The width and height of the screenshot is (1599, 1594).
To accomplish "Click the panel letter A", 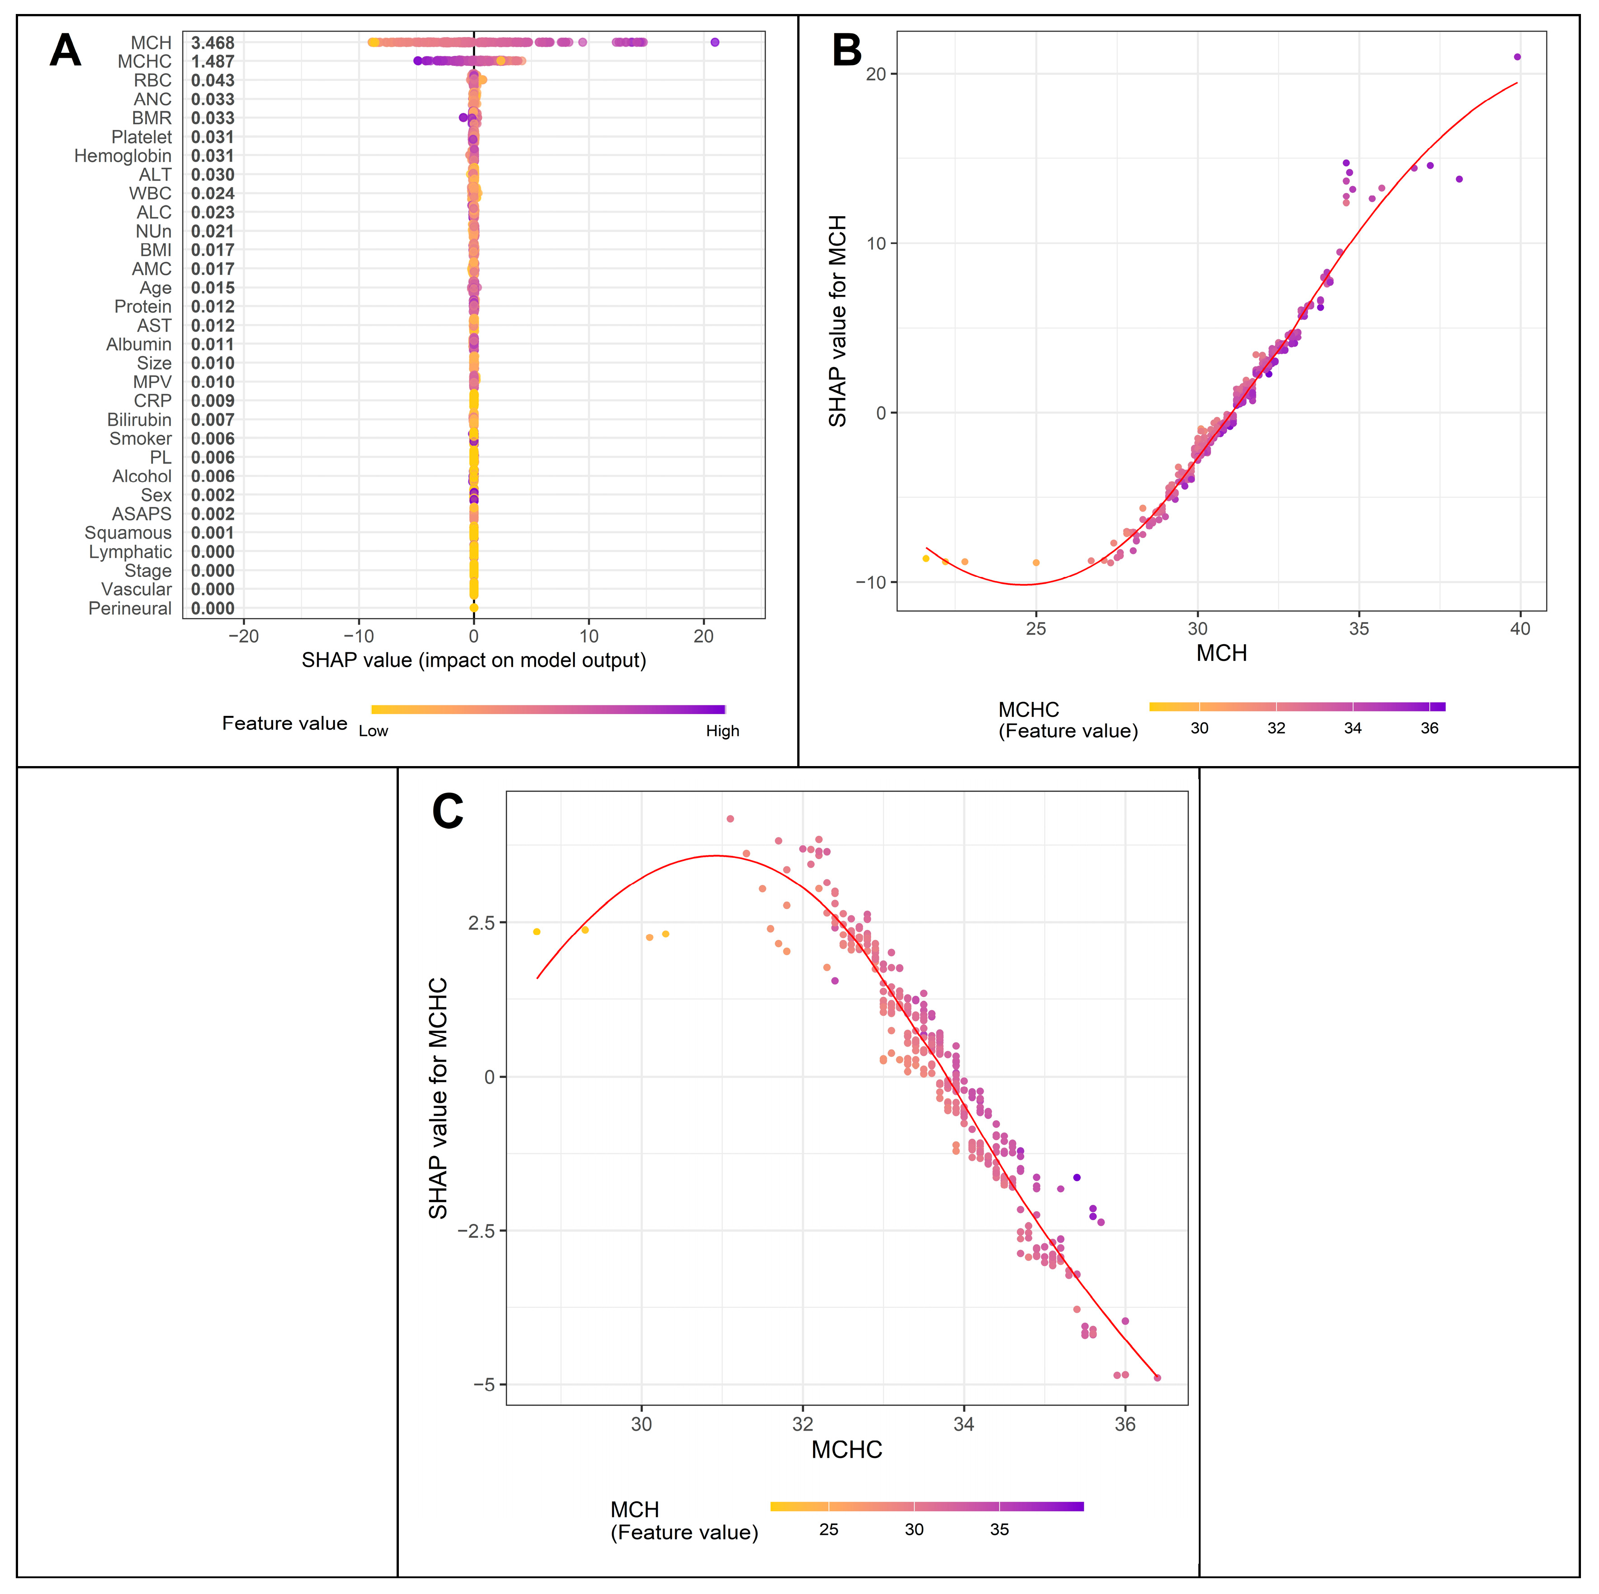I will (65, 51).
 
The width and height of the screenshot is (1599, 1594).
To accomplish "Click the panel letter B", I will (847, 51).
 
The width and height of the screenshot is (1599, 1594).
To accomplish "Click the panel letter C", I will (447, 812).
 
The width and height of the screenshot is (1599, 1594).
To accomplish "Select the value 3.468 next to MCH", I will (213, 42).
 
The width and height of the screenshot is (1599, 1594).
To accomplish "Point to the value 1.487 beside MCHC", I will (213, 61).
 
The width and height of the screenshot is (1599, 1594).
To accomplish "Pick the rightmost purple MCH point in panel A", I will (715, 42).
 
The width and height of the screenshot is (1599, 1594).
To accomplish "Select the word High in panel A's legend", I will (722, 731).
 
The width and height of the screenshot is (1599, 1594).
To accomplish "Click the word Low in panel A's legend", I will (373, 731).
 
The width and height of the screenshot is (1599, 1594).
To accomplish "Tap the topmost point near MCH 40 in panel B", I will (1517, 57).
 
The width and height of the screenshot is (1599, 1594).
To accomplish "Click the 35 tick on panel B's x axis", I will (1359, 628).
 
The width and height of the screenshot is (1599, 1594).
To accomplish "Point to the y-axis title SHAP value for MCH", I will (837, 321).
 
